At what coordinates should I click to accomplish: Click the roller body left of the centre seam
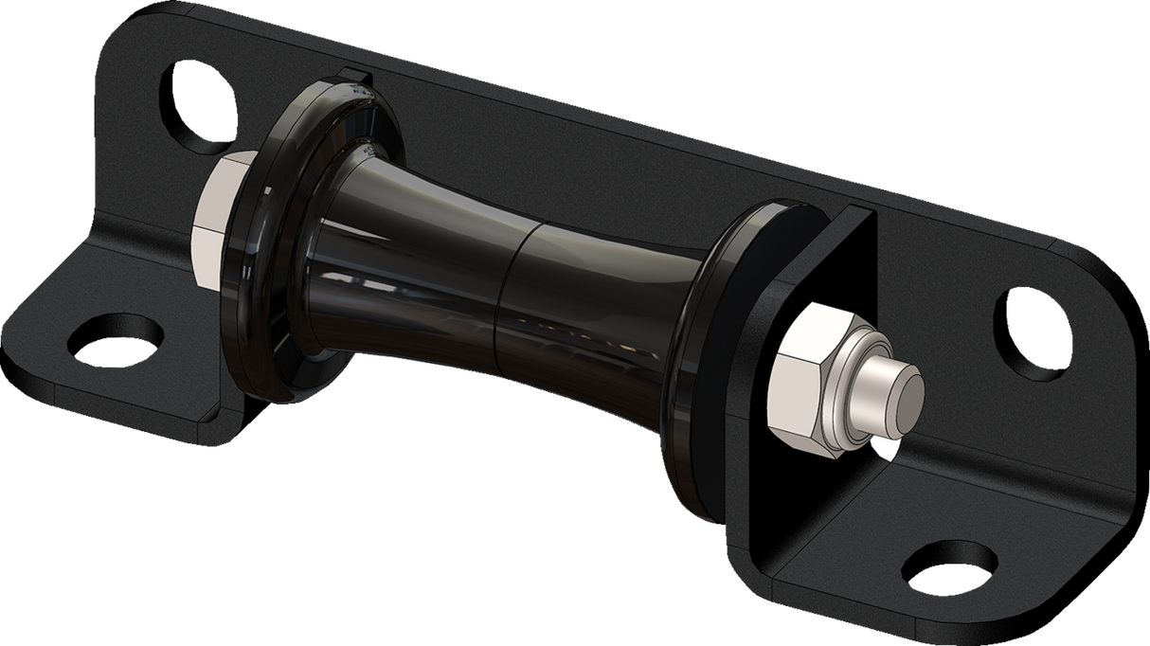[x=417, y=256]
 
